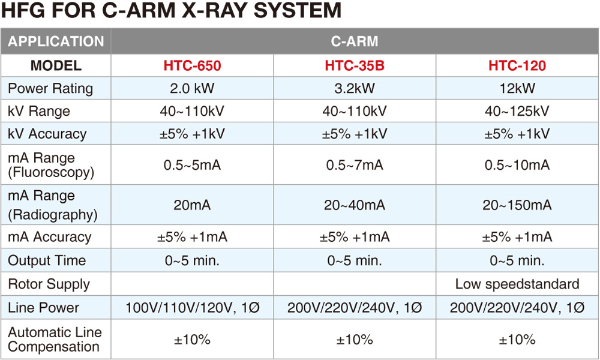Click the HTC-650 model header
[192, 65]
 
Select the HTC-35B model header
[355, 65]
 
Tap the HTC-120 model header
[517, 65]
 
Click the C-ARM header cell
[355, 41]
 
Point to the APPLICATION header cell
[56, 41]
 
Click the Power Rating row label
[50, 88]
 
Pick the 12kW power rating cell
[517, 88]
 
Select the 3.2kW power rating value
[355, 88]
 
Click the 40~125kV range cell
[517, 111]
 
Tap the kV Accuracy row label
[47, 134]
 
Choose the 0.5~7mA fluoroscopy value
[355, 165]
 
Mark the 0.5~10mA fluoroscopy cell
[517, 165]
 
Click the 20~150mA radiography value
[517, 205]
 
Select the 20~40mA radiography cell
[355, 205]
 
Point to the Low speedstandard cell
[517, 284]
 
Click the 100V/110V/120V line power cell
[193, 308]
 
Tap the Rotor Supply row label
[49, 284]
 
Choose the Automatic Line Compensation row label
[55, 340]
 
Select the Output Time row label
[47, 260]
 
